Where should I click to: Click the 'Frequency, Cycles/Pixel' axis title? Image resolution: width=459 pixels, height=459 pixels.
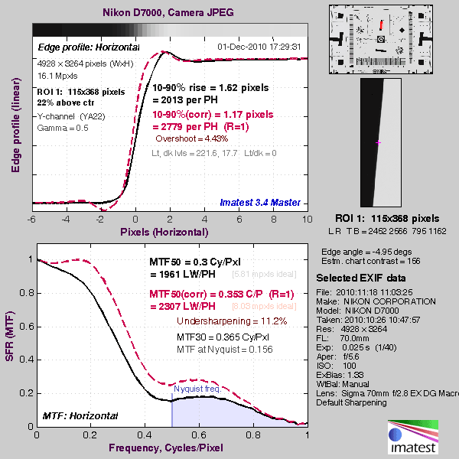coord(171,448)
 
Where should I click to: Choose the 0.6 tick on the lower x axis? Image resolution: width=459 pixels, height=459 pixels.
coord(200,435)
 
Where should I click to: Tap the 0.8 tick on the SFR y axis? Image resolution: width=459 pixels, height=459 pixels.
coord(26,293)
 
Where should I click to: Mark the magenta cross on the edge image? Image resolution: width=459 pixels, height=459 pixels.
coord(378,142)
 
